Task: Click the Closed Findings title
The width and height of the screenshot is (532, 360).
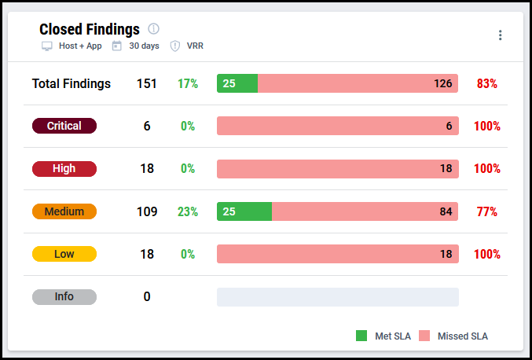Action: point(89,29)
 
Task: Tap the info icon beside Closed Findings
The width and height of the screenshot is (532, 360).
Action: point(153,29)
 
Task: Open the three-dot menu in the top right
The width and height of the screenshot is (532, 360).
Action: point(500,35)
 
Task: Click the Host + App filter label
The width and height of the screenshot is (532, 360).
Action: point(79,46)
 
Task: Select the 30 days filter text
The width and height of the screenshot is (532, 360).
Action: point(144,46)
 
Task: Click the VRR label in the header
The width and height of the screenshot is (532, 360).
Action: point(195,46)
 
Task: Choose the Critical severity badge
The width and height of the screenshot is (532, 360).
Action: point(64,126)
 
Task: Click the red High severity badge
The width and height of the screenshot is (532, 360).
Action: point(64,168)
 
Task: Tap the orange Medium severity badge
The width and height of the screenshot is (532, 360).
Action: point(64,211)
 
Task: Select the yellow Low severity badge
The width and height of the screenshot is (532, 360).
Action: point(64,254)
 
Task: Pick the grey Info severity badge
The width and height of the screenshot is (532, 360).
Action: point(64,296)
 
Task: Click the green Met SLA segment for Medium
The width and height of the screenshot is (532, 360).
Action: point(244,211)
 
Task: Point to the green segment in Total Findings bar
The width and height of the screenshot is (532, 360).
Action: point(237,83)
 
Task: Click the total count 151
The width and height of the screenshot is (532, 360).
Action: point(147,83)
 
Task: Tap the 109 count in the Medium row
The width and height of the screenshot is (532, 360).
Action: point(147,211)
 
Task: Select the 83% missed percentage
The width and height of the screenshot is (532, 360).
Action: point(486,83)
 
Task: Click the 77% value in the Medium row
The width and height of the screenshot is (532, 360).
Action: point(486,211)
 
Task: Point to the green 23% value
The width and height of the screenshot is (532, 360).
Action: point(188,211)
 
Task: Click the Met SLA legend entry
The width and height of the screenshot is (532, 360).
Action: point(383,336)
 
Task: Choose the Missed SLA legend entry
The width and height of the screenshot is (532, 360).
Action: point(453,336)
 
